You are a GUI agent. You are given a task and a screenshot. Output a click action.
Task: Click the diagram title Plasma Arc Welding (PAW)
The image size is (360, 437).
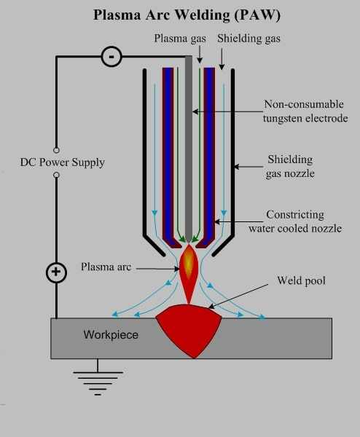pos(187,15)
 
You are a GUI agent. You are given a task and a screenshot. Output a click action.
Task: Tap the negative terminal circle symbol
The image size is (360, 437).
pos(111,57)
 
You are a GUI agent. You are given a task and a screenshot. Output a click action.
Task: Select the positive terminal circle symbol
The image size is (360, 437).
pos(56,272)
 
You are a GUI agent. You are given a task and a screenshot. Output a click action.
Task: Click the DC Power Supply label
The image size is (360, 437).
pos(63,162)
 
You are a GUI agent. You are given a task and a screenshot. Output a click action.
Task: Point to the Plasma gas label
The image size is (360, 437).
pos(180,39)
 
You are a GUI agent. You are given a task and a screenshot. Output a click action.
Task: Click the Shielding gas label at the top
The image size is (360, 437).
pos(249,39)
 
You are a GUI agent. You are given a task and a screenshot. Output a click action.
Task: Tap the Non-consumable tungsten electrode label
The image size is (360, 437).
pos(305,111)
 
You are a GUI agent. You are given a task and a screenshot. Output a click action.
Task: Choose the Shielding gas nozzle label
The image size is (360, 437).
pos(290,166)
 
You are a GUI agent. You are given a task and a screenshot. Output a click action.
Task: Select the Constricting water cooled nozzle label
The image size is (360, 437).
pos(295,221)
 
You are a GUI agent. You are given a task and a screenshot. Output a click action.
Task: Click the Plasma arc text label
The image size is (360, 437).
pos(106,267)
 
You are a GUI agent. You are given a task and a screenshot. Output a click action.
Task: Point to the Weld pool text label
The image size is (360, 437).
pos(302,280)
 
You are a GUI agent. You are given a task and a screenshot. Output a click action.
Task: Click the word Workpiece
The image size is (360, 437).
pos(111,334)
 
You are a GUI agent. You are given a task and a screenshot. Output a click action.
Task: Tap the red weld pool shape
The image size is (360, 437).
pos(189,329)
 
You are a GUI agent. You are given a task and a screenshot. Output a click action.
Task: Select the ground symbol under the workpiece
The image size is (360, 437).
pos(98,379)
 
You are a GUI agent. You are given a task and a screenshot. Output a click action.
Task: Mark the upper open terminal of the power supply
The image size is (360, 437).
pos(56,150)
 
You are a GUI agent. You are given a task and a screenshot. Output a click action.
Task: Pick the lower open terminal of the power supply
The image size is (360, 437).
pos(56,175)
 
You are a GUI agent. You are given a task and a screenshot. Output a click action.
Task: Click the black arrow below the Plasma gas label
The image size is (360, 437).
pos(200,55)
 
